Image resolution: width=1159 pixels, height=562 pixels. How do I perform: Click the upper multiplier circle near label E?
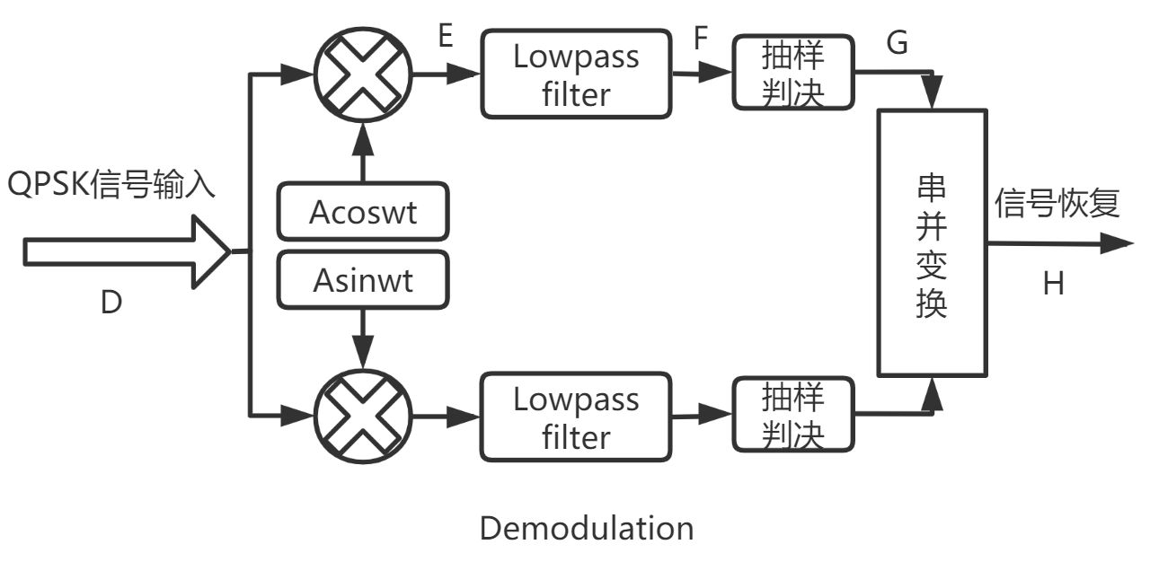click(x=363, y=75)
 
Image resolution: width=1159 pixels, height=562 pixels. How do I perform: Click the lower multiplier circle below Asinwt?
click(x=363, y=415)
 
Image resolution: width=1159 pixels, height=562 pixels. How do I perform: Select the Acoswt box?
click(x=363, y=213)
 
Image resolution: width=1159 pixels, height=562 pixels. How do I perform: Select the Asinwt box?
click(x=363, y=280)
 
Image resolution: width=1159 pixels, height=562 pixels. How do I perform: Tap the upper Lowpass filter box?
click(x=576, y=75)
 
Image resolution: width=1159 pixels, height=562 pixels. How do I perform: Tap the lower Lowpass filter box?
click(x=576, y=417)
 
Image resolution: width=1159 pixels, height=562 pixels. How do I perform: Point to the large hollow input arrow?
click(x=126, y=252)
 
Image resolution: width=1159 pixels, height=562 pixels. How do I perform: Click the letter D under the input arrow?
click(x=111, y=303)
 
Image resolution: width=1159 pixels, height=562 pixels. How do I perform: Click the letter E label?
click(x=445, y=38)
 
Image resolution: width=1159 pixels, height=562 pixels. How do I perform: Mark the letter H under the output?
click(x=1053, y=285)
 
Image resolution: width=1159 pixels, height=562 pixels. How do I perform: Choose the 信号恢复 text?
click(x=1057, y=204)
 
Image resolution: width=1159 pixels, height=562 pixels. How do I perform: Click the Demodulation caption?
click(x=586, y=528)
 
